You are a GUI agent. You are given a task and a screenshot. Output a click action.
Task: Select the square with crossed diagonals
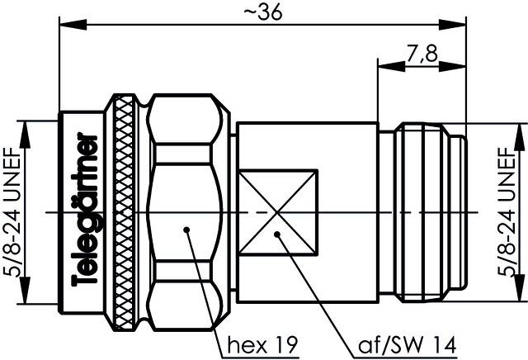tap(279, 213)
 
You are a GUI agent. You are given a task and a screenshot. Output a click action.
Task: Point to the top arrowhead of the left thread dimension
tap(27, 126)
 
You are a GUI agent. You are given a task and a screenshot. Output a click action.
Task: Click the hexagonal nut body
tap(186, 165)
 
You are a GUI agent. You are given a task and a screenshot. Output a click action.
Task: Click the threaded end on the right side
tap(429, 213)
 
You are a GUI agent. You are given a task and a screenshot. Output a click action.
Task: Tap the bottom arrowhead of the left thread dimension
tap(27, 301)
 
